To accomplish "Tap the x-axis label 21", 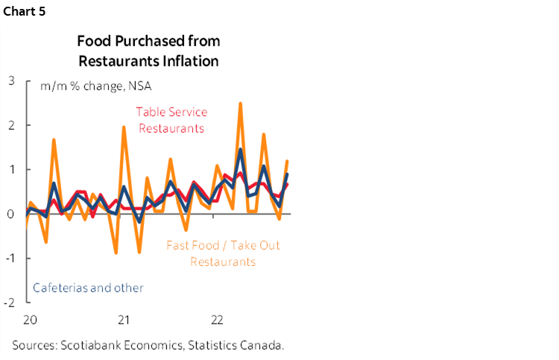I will pos(124,320).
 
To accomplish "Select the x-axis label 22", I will pos(218,320).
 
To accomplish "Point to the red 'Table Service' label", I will pos(171,112).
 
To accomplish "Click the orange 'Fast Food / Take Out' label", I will pos(223,245).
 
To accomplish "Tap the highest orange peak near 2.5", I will pos(240,104).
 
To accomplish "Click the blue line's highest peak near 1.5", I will pos(240,150).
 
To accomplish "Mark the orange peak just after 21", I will pos(124,127).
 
